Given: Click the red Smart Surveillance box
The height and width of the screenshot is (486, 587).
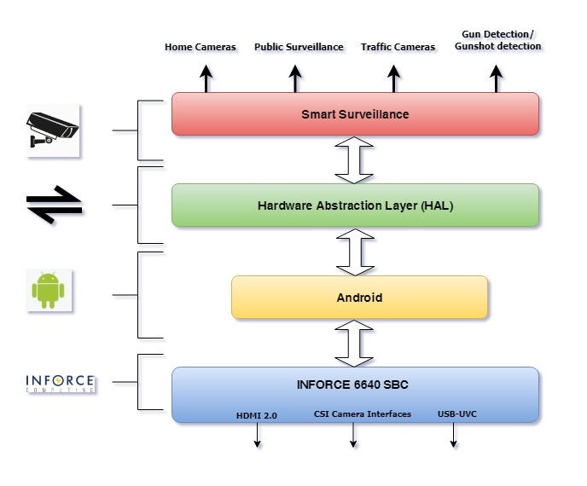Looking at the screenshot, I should tap(355, 113).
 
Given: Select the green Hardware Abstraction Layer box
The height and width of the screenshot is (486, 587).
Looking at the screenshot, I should tap(355, 205).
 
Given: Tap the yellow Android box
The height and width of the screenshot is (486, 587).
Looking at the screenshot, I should tap(359, 298).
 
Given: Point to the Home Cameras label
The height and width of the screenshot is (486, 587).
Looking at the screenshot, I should tap(201, 47).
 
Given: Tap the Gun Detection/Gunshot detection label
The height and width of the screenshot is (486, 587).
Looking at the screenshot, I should tap(497, 39).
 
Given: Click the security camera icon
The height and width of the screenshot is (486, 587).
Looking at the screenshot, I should tap(52, 131).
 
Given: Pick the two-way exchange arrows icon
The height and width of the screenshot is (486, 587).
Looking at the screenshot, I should tap(54, 205).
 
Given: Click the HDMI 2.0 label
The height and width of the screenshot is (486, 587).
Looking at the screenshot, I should tap(257, 415).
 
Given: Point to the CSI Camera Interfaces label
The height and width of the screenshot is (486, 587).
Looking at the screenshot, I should tap(363, 414).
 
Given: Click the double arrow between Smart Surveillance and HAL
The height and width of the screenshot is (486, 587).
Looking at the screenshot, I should tap(355, 159).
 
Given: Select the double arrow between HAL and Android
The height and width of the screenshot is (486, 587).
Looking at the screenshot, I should tap(355, 251).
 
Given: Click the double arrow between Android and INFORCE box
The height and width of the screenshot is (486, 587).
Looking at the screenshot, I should tap(355, 343).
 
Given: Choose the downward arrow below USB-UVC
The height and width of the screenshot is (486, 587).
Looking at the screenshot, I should tap(453, 434).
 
